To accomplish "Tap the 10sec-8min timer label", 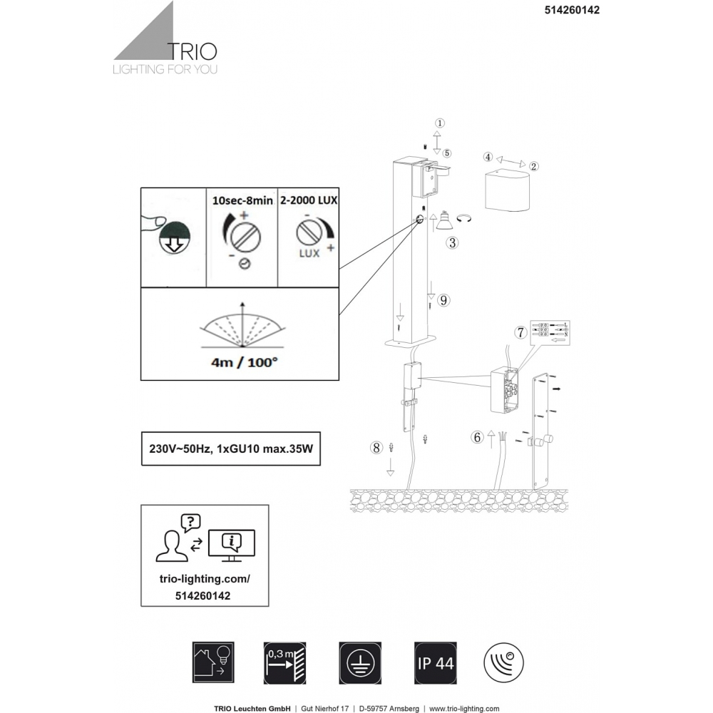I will (x=243, y=201).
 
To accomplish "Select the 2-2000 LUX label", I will (x=309, y=201).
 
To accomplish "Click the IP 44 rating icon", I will (x=434, y=663).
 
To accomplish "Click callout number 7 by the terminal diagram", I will (x=521, y=332).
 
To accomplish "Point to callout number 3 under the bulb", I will (x=451, y=242).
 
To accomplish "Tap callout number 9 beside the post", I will (x=443, y=300).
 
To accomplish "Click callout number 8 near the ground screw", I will (x=376, y=448).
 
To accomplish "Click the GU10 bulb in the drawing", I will (x=442, y=220).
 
